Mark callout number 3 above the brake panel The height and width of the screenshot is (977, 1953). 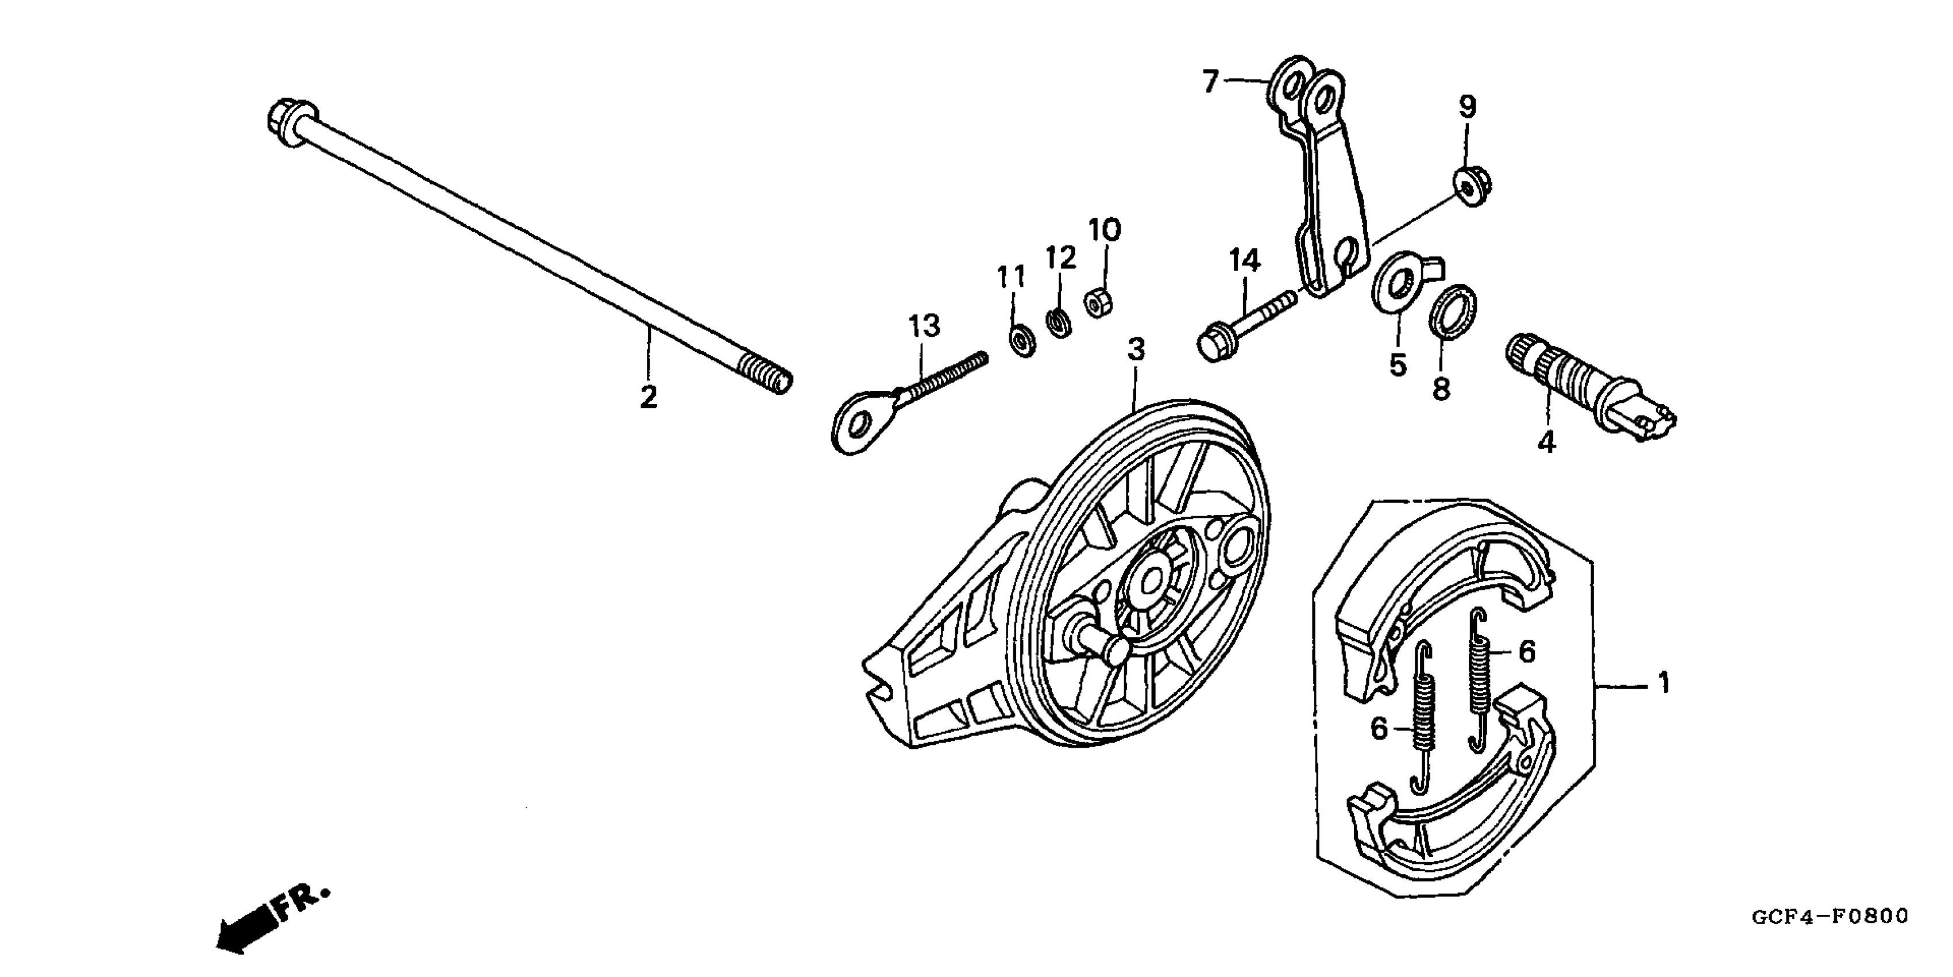click(x=1135, y=349)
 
